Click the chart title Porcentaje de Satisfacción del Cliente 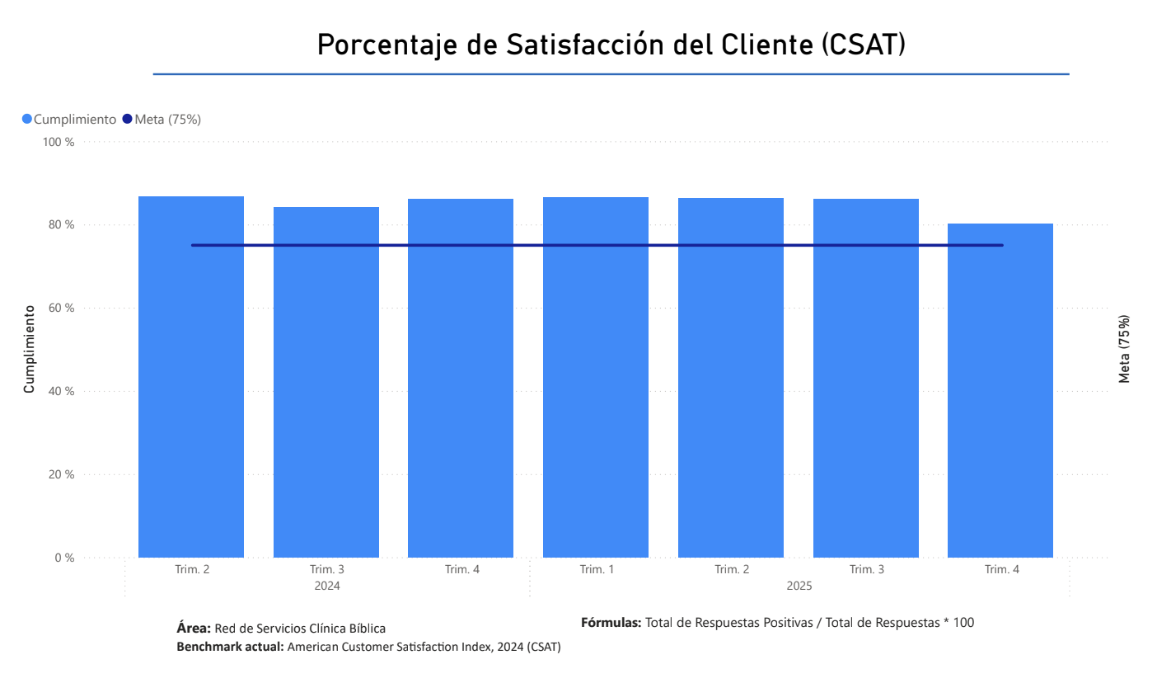pos(611,45)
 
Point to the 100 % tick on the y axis pos(59,142)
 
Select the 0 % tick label pos(64,558)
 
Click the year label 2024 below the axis pos(327,586)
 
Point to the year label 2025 pos(799,586)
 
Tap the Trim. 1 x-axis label pos(596,569)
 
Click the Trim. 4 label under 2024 pos(461,569)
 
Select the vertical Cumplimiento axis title pos(29,349)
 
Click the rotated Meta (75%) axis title pos(1124,349)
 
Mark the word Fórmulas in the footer pos(611,623)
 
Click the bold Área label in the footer pos(194,629)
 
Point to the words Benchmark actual pos(230,647)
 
